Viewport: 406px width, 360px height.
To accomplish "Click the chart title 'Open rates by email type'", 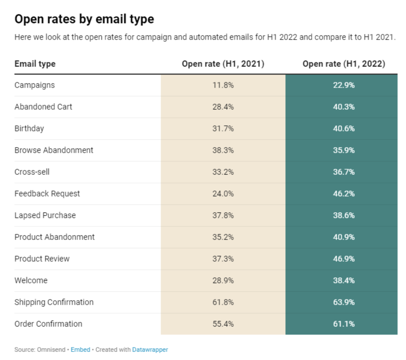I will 84,19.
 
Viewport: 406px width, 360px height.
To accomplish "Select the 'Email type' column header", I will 35,64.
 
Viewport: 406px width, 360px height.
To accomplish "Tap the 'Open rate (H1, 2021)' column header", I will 223,64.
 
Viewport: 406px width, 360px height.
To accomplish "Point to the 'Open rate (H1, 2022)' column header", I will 343,64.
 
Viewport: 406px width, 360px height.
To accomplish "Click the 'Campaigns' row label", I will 34,85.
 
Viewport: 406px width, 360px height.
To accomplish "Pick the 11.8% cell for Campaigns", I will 223,85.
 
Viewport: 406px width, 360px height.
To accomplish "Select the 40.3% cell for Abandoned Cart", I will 343,107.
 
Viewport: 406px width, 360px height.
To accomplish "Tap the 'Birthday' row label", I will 29,128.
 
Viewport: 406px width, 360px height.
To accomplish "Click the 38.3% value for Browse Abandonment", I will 223,150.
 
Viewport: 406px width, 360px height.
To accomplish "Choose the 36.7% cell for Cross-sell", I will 343,172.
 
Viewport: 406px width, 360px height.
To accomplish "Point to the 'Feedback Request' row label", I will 47,194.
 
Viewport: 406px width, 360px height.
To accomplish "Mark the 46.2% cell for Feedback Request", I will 343,194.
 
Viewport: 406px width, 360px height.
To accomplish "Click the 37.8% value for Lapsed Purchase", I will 223,215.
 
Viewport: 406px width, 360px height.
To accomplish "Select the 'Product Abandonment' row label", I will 54,237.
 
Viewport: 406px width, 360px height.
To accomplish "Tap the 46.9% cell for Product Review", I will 343,259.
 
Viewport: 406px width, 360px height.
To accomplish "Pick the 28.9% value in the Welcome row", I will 223,280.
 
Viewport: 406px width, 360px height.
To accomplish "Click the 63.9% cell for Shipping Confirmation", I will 343,302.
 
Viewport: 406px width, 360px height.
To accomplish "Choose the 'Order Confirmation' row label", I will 48,324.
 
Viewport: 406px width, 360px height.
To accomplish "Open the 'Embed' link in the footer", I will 80,350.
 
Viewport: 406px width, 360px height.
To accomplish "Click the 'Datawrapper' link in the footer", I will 150,350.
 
